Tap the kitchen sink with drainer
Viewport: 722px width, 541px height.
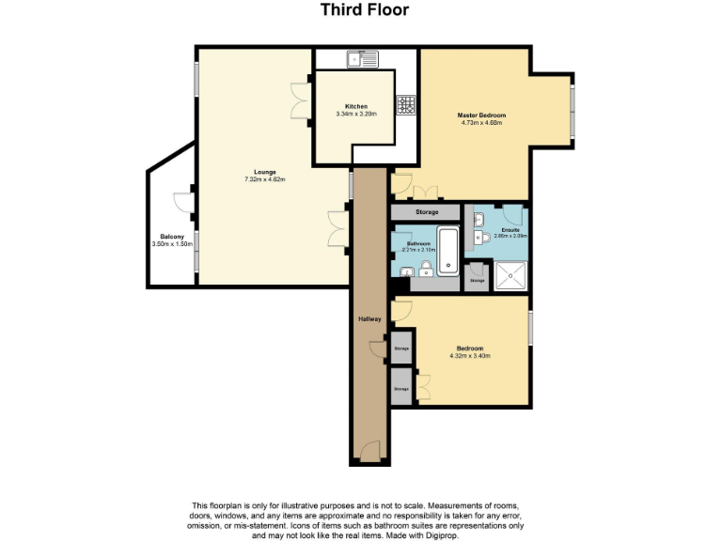coord(362,58)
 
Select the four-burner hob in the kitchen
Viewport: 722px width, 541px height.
coord(407,105)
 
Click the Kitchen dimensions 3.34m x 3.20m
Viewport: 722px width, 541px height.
coord(355,114)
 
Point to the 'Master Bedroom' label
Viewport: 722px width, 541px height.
coord(482,115)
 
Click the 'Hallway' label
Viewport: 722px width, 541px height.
coord(369,319)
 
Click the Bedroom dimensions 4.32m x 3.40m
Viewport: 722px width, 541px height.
coord(471,356)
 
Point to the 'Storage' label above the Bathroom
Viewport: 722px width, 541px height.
coord(427,212)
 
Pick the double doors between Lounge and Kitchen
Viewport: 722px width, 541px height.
coord(303,101)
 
